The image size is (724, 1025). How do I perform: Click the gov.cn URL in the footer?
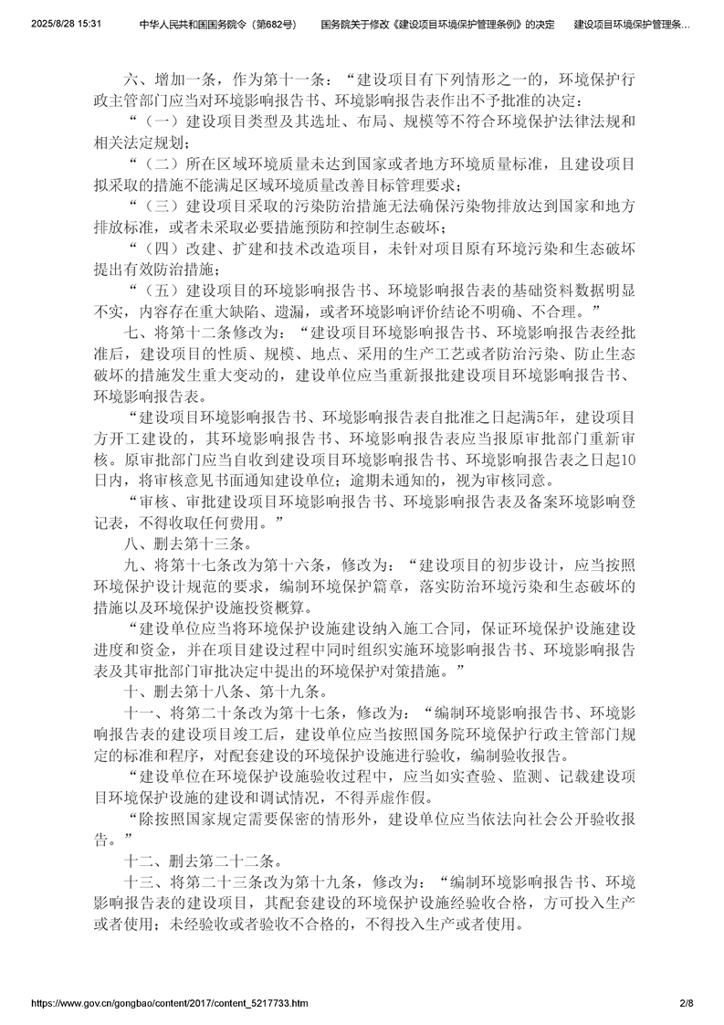pyautogui.click(x=170, y=1003)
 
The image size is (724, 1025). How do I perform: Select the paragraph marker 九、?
pyautogui.click(x=135, y=565)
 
